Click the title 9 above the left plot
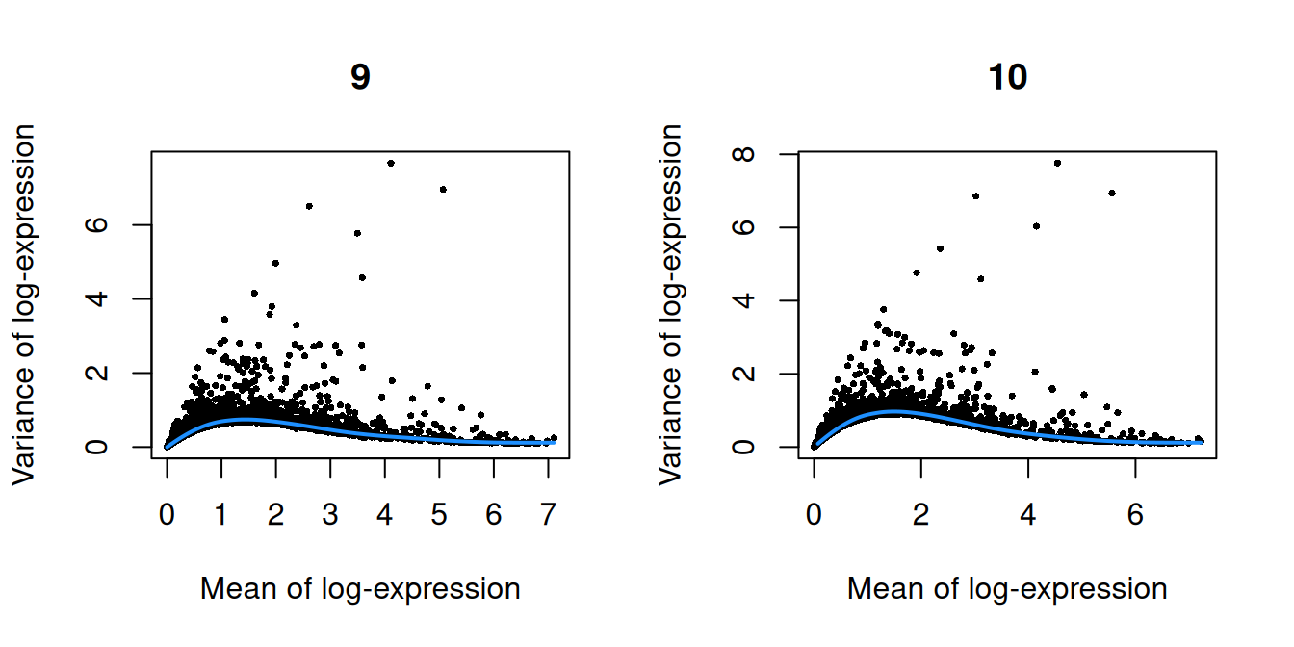click(359, 77)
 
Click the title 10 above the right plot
click(1007, 77)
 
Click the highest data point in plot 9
click(391, 163)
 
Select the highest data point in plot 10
click(1057, 163)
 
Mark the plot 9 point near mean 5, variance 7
click(443, 189)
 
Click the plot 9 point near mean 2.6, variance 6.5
click(309, 206)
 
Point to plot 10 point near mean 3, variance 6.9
click(975, 195)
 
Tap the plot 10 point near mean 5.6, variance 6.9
click(1112, 193)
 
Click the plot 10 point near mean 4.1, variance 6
click(1036, 226)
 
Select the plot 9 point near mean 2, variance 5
click(275, 263)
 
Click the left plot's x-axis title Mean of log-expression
click(359, 589)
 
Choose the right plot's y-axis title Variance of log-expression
click(671, 303)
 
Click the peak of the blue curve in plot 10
click(895, 411)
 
